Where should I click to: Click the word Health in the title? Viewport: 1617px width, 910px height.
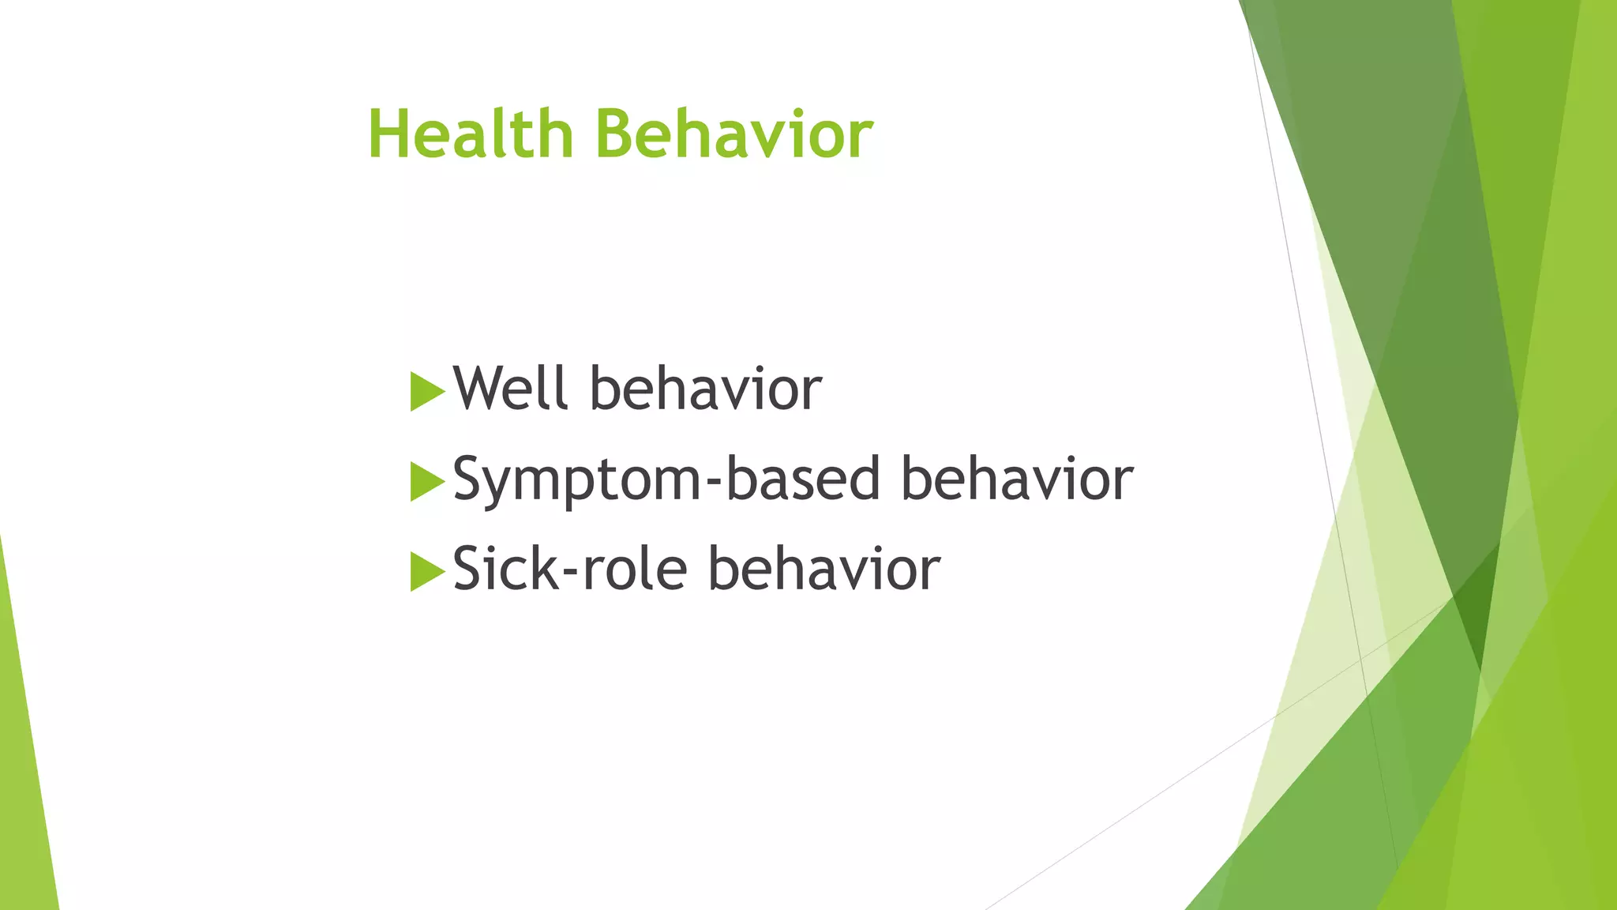click(470, 134)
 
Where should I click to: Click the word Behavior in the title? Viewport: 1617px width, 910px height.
click(734, 134)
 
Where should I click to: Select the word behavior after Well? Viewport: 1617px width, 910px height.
click(706, 389)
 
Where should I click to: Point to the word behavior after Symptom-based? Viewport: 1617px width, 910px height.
click(1017, 479)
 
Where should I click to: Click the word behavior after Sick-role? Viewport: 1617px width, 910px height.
click(824, 569)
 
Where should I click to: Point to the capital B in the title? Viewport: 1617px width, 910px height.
click(617, 134)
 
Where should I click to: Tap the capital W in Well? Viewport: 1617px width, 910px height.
click(480, 389)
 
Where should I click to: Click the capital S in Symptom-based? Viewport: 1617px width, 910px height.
click(467, 479)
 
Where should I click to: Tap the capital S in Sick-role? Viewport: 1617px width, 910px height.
click(467, 569)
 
